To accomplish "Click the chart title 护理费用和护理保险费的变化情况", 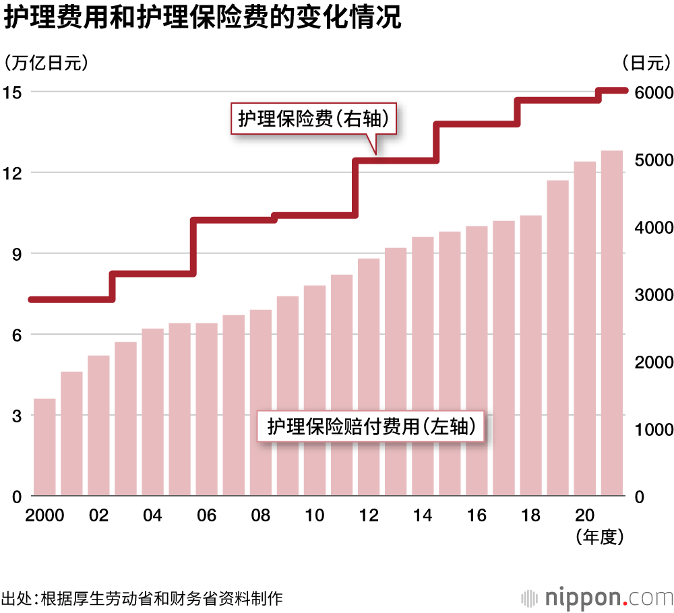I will [x=202, y=19].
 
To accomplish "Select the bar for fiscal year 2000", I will [x=44, y=447].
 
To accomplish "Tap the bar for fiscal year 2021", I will [x=611, y=323].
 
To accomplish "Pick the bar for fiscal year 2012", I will [x=369, y=377].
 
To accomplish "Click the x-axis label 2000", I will [x=44, y=516].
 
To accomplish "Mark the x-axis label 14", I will [x=423, y=516].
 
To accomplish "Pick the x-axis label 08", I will [x=261, y=516].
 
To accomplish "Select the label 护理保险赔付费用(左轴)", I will [x=371, y=426].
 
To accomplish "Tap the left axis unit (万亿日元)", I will [x=47, y=63].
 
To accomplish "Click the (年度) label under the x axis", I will [x=600, y=537].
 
